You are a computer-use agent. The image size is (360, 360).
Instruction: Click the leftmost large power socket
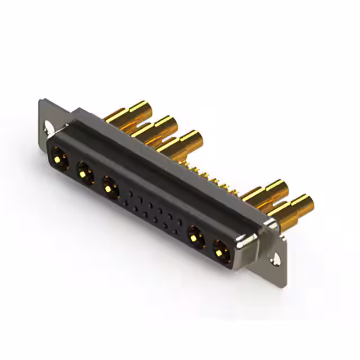(x=59, y=155)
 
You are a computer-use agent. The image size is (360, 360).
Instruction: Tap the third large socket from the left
(x=110, y=187)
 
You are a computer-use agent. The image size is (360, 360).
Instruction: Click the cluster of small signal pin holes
(x=152, y=208)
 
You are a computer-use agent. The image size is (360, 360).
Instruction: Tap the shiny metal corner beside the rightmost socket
(x=246, y=243)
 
